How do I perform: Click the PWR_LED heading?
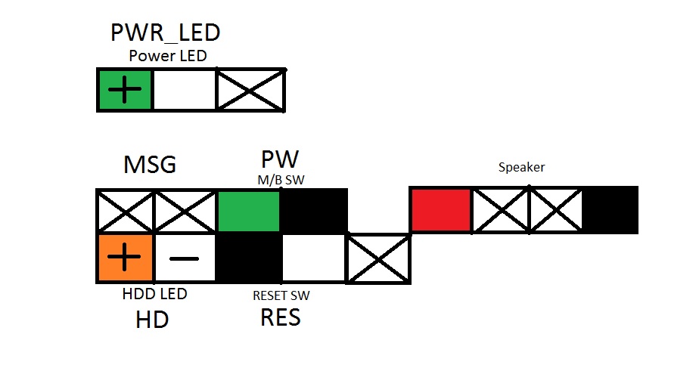(x=166, y=32)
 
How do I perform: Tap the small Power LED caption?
(x=167, y=55)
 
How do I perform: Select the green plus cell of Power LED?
(x=126, y=90)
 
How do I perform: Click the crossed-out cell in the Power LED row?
(x=250, y=90)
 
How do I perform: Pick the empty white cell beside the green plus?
(x=185, y=90)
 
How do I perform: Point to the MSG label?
(x=150, y=165)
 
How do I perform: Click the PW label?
(x=280, y=159)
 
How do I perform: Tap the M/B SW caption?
(x=280, y=178)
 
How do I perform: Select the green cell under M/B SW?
(x=250, y=211)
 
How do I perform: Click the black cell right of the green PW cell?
(x=314, y=211)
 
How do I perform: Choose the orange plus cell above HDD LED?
(x=126, y=258)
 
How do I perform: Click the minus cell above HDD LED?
(x=185, y=258)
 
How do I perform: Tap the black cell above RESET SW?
(x=250, y=258)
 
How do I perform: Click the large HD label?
(x=151, y=320)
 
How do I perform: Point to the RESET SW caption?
(x=281, y=295)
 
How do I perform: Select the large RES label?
(x=281, y=317)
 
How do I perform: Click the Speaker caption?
(x=521, y=167)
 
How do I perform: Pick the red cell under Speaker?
(x=441, y=210)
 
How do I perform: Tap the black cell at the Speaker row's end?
(x=611, y=210)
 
